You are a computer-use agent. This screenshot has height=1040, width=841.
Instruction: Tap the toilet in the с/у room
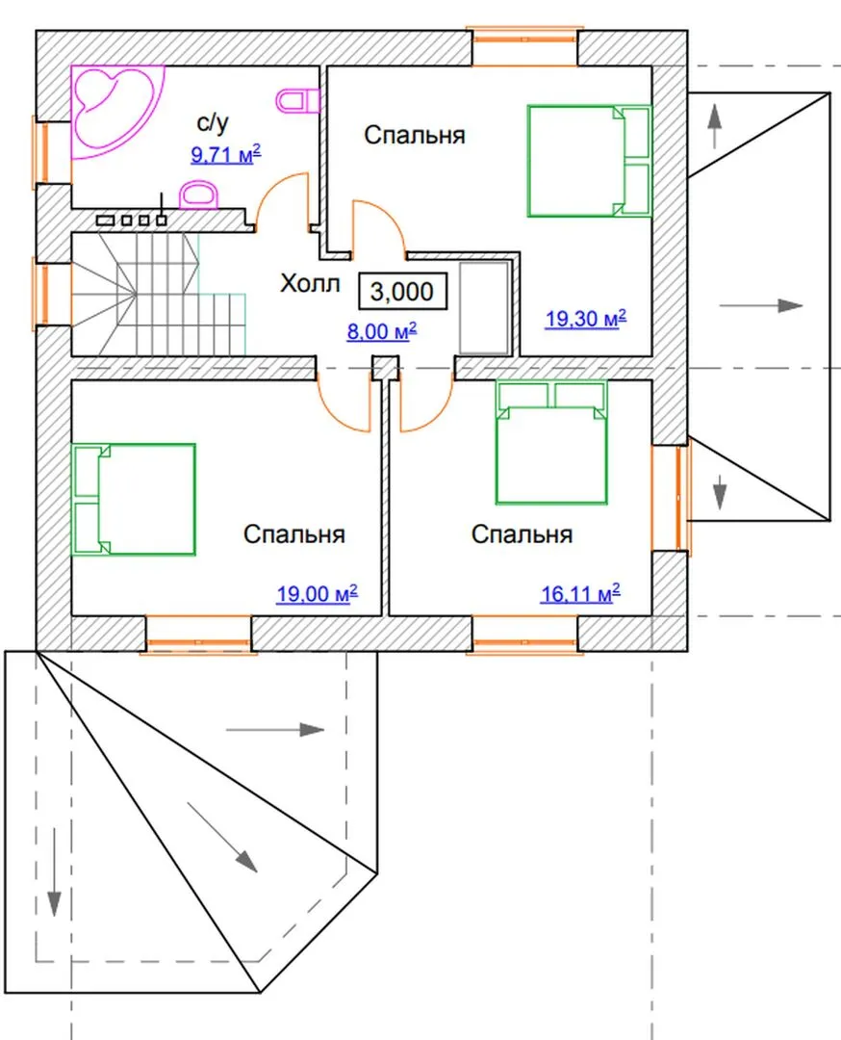(297, 101)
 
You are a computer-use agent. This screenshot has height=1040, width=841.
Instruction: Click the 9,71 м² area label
(226, 154)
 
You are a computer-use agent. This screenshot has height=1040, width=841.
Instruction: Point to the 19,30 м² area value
(586, 319)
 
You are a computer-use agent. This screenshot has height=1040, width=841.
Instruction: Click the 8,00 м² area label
(382, 331)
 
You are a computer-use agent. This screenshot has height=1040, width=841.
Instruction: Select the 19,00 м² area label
(317, 593)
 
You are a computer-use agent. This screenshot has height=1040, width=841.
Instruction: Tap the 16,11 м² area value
(580, 593)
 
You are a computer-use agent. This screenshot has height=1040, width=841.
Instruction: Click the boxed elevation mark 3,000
(402, 291)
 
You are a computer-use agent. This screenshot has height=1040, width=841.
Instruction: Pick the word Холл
(310, 284)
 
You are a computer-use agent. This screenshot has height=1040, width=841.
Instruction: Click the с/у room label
(214, 122)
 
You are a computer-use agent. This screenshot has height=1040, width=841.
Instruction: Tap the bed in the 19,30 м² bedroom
(590, 161)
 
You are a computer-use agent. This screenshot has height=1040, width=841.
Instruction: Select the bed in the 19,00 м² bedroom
(133, 500)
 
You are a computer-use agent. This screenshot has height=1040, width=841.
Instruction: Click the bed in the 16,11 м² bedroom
(551, 442)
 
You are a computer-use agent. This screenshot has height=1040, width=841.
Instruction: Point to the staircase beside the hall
(159, 295)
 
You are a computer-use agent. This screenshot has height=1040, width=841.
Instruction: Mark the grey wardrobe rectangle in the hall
(485, 308)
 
